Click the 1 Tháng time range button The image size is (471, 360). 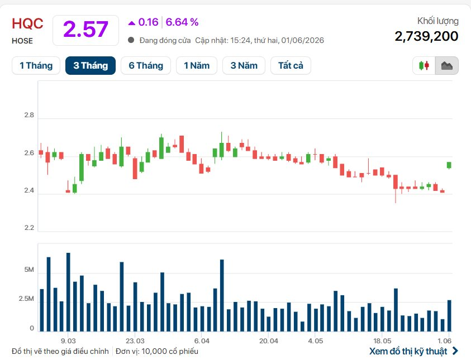(x=36, y=65)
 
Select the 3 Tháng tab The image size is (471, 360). (x=91, y=65)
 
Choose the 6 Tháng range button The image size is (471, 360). (x=146, y=65)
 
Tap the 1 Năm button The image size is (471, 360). (x=197, y=65)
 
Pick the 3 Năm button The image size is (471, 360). (x=244, y=65)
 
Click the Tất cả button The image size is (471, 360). (x=291, y=65)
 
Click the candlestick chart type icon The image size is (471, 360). (x=424, y=65)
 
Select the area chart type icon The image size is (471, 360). (x=446, y=65)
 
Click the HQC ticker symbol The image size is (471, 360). (x=27, y=23)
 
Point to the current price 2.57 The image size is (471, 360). (x=85, y=30)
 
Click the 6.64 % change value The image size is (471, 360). (x=182, y=22)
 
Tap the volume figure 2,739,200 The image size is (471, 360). (x=426, y=36)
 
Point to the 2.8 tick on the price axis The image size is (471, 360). (x=29, y=115)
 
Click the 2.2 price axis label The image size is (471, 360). (x=29, y=228)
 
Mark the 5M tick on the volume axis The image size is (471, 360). (x=29, y=270)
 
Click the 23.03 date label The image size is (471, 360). (x=135, y=341)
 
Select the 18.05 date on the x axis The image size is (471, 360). (x=382, y=341)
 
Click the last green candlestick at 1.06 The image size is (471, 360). (x=449, y=165)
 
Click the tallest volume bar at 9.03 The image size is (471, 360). (x=69, y=292)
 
